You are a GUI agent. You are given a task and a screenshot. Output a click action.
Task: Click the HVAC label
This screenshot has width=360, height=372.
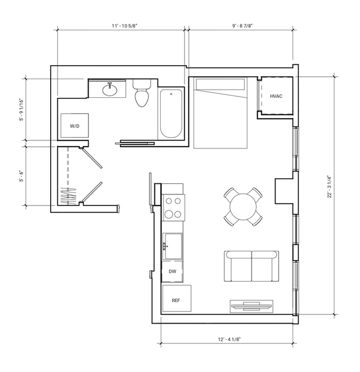(x=276, y=96)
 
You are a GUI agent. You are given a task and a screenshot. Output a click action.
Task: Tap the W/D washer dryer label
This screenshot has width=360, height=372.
(x=75, y=126)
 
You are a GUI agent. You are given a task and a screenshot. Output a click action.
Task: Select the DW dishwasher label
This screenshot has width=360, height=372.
(x=172, y=271)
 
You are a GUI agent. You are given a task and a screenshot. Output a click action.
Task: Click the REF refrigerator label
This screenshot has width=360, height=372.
(x=176, y=300)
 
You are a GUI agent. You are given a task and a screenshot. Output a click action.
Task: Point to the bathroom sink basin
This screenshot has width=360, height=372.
(x=110, y=90)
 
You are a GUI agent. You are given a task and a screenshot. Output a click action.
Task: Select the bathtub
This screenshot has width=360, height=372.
(x=171, y=114)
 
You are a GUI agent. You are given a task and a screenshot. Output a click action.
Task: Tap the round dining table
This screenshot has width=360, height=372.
(x=243, y=207)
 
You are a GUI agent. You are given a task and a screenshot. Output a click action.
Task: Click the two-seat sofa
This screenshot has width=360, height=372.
(x=252, y=266)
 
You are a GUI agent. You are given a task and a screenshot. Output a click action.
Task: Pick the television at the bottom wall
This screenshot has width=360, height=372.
(x=251, y=306)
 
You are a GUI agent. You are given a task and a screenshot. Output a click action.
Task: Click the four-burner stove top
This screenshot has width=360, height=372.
(x=174, y=208)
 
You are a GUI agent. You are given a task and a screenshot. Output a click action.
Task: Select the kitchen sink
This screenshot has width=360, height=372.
(x=174, y=246)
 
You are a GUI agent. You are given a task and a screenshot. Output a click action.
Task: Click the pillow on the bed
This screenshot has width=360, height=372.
(x=220, y=84)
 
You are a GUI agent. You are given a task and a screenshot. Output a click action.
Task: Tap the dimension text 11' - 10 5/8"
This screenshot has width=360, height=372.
(x=125, y=26)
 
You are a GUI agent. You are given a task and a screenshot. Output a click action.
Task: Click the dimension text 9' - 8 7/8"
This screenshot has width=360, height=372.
(x=242, y=26)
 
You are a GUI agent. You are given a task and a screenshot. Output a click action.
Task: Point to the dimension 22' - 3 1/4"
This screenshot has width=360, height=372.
(x=329, y=186)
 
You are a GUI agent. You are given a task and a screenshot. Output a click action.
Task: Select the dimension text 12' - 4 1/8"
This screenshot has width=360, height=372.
(x=230, y=339)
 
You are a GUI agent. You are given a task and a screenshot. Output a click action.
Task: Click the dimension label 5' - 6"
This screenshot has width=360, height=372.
(x=22, y=176)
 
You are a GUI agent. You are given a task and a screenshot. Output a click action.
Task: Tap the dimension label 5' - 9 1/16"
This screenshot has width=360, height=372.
(x=22, y=109)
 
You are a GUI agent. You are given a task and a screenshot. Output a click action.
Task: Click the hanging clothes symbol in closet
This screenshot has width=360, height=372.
(x=68, y=196)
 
